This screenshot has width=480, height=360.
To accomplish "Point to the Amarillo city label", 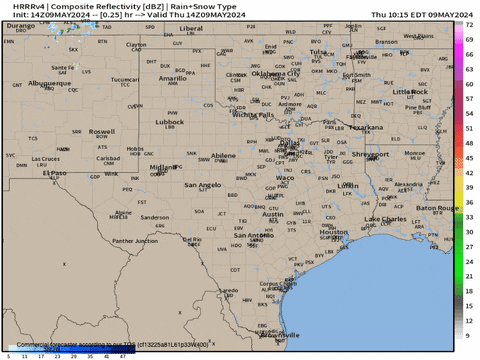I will point(172,77).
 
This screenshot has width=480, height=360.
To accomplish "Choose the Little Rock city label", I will point(410,91).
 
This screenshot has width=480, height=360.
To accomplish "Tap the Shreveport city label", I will point(370,154).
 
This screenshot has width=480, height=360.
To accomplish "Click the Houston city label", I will point(334,231).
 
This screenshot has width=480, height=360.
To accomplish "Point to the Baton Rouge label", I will point(437,208).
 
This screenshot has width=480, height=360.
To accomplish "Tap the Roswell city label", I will point(101,131).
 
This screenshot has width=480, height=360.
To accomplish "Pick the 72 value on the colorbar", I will point(469,39).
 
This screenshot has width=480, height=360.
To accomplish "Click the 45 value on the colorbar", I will point(469,158).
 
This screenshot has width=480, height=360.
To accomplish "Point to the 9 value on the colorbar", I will point(469,335).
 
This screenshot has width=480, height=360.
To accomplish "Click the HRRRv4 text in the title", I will point(25,6).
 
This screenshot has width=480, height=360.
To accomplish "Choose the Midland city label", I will point(134,167).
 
